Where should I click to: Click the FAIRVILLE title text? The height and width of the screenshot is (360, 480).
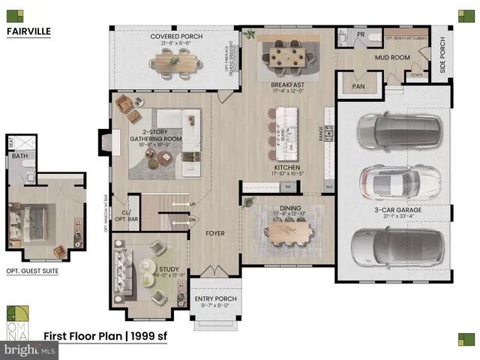(28, 31)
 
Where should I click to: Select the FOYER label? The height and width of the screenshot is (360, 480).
(215, 233)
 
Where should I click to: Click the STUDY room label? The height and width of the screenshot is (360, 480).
(169, 268)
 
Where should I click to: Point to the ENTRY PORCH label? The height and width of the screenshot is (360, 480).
(215, 299)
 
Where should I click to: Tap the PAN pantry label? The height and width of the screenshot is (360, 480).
(358, 86)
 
